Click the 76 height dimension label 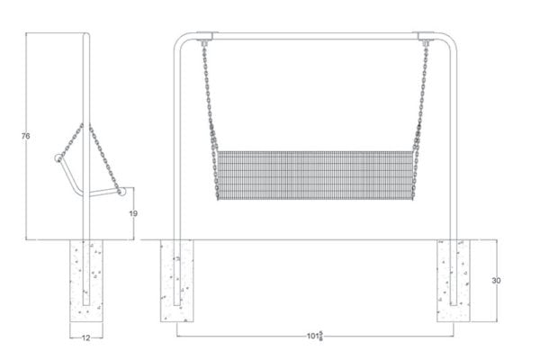tap(26, 136)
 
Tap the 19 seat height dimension tap(132, 213)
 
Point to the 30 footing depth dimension tap(495, 281)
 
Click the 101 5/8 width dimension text tap(314, 337)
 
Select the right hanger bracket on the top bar tap(423, 40)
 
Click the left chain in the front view tap(210, 99)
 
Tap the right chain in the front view tap(421, 99)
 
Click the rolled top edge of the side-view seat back tap(58, 158)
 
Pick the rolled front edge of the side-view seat tap(121, 191)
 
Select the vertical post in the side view tap(86, 90)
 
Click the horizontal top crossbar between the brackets tap(314, 36)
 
